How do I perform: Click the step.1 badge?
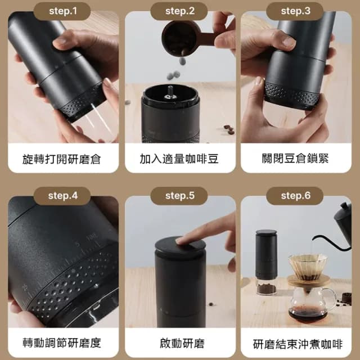point(64,11)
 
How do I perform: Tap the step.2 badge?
point(180,11)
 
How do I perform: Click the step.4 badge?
point(64,196)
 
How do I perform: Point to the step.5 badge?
point(180,196)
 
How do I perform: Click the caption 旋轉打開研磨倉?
point(64,159)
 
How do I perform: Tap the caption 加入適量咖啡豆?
point(180,159)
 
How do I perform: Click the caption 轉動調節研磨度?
point(64,343)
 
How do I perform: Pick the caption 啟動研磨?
point(180,343)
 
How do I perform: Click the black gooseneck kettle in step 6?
point(343,219)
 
